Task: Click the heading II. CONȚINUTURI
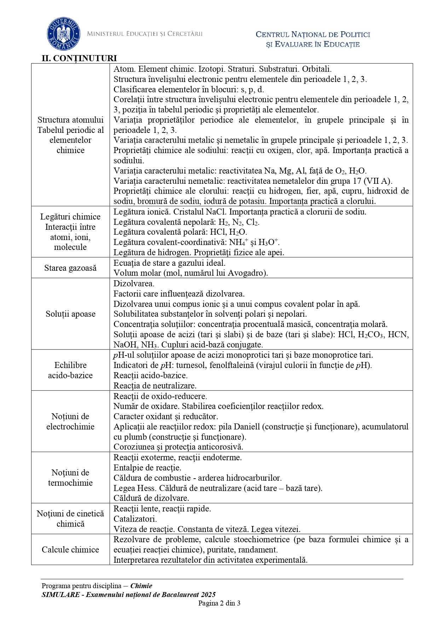point(79,58)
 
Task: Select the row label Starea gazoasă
point(70,268)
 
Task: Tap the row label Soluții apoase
point(70,314)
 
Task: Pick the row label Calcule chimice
point(70,550)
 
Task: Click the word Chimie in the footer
point(141,586)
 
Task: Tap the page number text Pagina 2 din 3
point(219,603)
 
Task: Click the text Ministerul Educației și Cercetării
point(145,34)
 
